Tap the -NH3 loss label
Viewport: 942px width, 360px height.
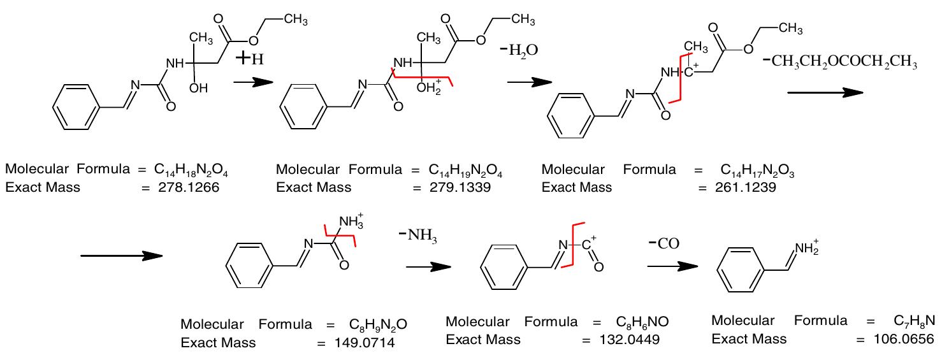[x=423, y=240]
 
